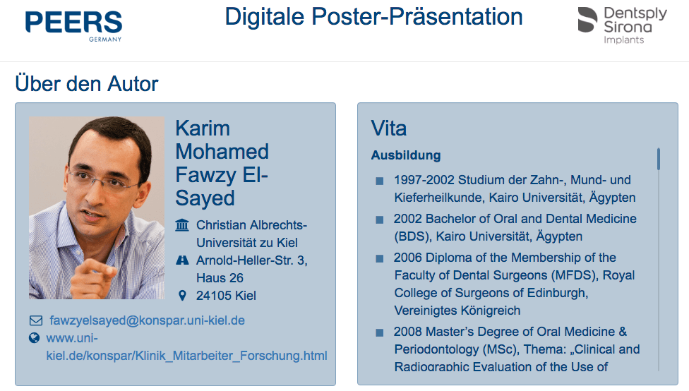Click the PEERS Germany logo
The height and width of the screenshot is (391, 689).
click(73, 26)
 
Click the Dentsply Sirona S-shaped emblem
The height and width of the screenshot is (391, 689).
click(587, 20)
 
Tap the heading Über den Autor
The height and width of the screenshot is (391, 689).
click(87, 83)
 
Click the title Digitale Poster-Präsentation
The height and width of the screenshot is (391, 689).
click(373, 17)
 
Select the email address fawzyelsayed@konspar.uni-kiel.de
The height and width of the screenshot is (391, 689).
click(148, 320)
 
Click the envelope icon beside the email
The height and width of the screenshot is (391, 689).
click(36, 320)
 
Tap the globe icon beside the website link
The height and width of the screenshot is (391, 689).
click(35, 338)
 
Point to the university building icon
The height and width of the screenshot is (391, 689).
click(182, 225)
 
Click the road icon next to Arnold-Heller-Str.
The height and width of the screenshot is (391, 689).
click(182, 260)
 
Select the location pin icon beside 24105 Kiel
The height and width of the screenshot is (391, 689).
click(182, 295)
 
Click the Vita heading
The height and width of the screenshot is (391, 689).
click(389, 128)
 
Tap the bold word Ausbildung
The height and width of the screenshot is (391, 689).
click(406, 155)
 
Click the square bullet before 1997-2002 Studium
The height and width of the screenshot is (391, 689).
click(380, 181)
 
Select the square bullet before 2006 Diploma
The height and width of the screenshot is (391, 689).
click(380, 258)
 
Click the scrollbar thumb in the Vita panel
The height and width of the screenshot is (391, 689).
click(659, 159)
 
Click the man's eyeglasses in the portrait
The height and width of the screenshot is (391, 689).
click(102, 178)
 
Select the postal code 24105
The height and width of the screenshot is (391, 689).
click(212, 296)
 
